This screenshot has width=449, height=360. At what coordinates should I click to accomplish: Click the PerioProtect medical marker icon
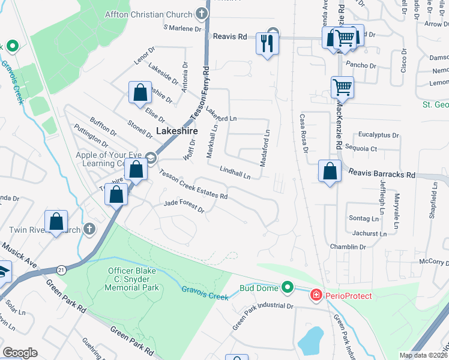point(315,295)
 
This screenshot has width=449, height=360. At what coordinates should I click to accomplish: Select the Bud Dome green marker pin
point(288,288)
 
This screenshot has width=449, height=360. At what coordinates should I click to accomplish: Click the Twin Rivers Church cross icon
point(89,229)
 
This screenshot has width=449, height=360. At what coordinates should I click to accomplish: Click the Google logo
point(20,352)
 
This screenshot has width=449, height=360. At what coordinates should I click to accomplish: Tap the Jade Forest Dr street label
point(184,207)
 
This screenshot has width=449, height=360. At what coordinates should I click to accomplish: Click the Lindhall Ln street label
point(234,173)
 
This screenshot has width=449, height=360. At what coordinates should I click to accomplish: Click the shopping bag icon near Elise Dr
point(140,92)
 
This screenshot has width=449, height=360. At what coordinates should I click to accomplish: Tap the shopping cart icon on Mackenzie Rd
point(342,86)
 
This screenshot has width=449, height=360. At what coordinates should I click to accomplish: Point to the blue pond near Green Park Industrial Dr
point(311,340)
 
